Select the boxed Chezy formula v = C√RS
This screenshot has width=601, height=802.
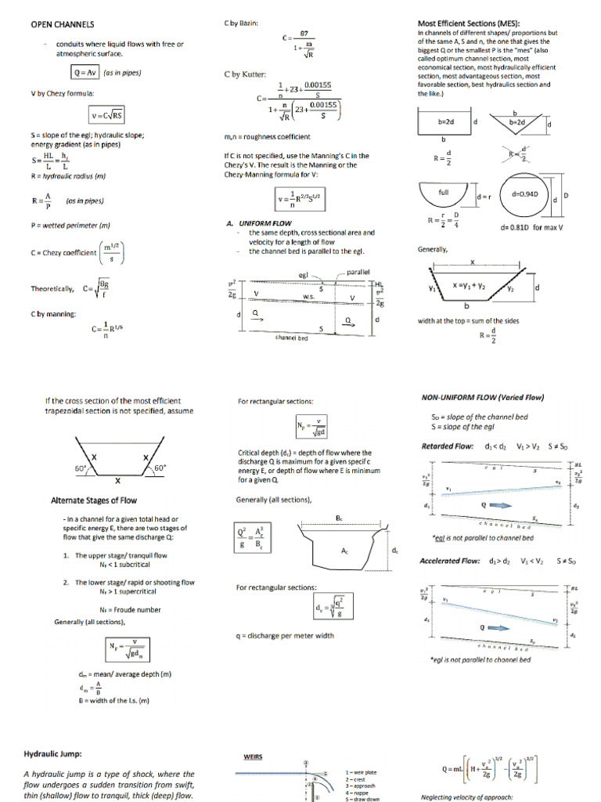106,116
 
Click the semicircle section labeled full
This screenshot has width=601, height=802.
443,193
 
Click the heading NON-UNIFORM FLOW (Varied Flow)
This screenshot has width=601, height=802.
482,397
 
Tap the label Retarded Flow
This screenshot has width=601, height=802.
446,446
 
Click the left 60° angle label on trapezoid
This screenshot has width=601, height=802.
81,468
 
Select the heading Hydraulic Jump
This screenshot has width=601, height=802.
52,754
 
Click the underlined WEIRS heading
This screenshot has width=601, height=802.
253,757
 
